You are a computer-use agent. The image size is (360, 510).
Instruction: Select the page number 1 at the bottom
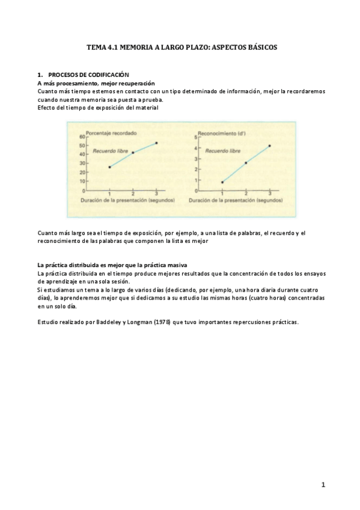(323, 484)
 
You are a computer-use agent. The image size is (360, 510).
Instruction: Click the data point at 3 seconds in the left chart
(156, 143)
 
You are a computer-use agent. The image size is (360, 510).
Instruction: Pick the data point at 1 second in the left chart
(109, 167)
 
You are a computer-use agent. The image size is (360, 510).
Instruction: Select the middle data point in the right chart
(246, 162)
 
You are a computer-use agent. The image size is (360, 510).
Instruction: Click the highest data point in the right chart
(269, 146)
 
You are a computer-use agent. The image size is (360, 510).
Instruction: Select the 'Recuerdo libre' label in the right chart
(223, 151)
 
